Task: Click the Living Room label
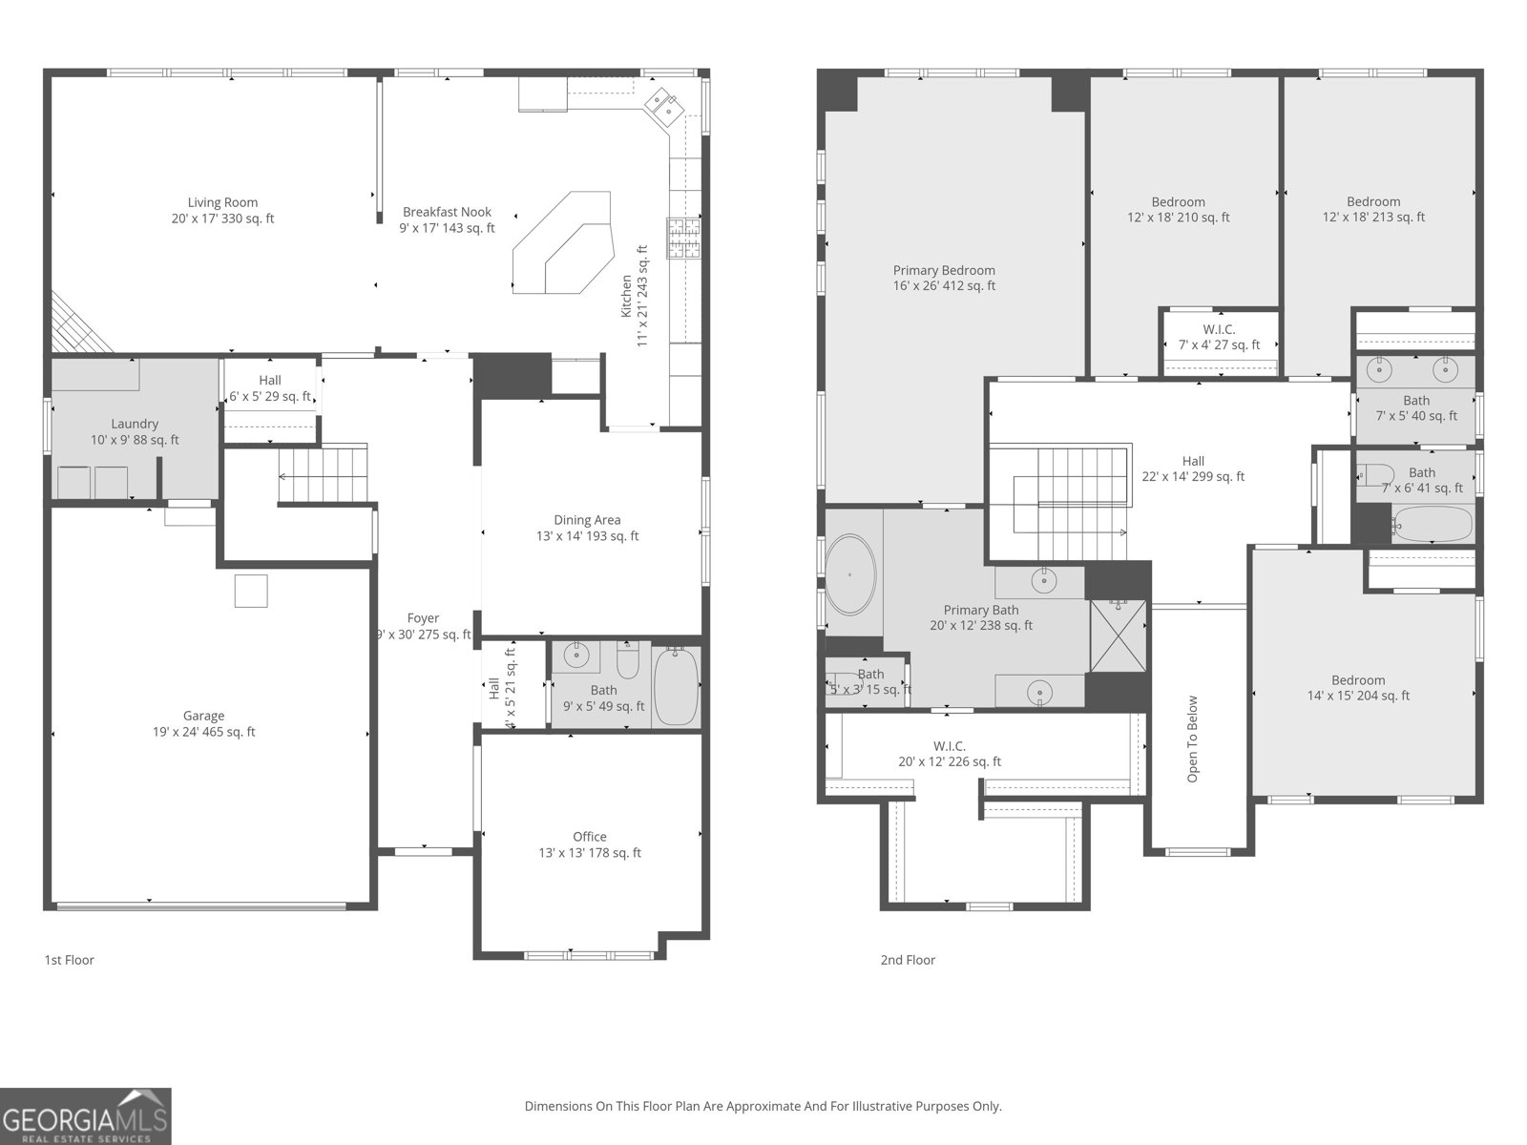tap(222, 210)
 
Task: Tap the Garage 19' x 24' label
tap(203, 724)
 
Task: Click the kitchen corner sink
tap(662, 105)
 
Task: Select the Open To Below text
tap(1192, 739)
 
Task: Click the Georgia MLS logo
tap(86, 1116)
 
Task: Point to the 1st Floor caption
tap(70, 960)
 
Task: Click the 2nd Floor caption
tap(908, 960)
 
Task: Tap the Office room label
tap(590, 844)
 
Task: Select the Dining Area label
tap(587, 528)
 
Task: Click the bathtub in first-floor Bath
tap(677, 686)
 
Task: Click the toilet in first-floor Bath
tap(627, 660)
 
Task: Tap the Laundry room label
tap(135, 431)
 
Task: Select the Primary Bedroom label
tap(944, 278)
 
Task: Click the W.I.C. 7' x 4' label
tap(1219, 337)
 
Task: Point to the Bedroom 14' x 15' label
tap(1358, 688)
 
